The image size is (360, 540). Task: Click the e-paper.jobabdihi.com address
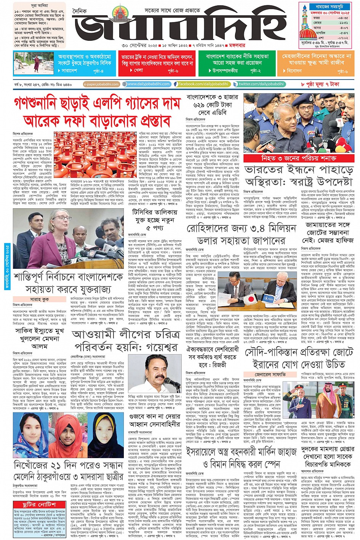[101, 84]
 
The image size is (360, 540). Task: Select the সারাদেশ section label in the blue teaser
[69, 71]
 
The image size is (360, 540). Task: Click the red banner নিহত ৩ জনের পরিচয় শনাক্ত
[299, 158]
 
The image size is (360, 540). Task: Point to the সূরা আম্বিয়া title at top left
[40, 6]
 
